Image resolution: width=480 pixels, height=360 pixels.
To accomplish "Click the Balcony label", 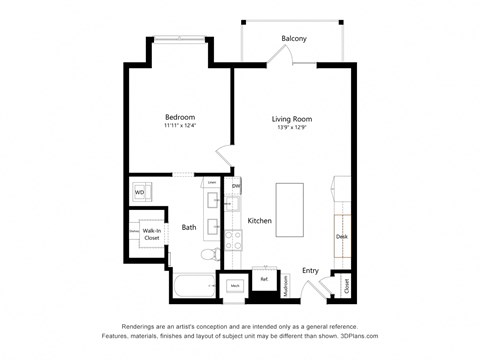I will click(293, 39).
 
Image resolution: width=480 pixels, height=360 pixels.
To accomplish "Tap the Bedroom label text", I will click(180, 117).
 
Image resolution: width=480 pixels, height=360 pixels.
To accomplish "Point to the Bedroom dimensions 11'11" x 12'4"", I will click(180, 127).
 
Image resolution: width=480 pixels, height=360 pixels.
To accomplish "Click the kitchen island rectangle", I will click(290, 208).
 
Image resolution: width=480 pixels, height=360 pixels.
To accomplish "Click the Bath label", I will click(188, 228).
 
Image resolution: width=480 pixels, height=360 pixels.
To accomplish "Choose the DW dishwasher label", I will click(236, 186).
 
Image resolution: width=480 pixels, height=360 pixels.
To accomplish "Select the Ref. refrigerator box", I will click(264, 280).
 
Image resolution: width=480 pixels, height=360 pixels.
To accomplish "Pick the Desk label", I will click(342, 237).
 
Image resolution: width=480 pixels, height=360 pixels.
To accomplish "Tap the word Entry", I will click(311, 270).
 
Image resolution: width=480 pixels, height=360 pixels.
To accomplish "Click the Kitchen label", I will click(260, 221).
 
